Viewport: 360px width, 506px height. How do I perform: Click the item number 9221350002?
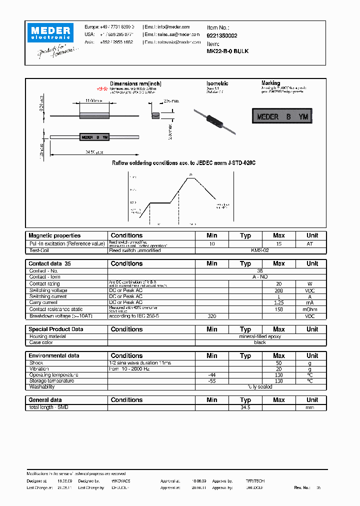(222, 35)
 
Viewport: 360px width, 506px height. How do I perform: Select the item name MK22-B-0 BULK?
(227, 51)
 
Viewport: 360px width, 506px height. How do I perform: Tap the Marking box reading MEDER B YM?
(282, 117)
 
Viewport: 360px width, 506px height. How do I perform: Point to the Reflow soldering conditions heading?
(183, 163)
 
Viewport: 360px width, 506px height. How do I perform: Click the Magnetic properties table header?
(54, 235)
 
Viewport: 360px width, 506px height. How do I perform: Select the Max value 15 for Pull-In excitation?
(278, 243)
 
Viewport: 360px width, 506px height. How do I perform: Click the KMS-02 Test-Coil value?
(260, 250)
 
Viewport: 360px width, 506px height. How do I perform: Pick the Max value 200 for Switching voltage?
(278, 290)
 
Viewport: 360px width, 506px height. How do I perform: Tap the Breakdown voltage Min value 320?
(211, 316)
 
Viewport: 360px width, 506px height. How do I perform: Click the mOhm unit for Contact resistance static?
(312, 309)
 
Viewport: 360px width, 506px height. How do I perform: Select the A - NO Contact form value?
(260, 276)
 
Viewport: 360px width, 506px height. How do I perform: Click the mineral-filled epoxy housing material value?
(260, 336)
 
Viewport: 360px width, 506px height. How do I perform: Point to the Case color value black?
(260, 342)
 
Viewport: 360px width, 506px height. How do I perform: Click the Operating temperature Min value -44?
(211, 375)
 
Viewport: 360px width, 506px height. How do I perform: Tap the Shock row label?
(36, 363)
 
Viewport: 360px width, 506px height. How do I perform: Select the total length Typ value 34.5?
(245, 407)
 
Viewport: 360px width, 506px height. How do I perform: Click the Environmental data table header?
(54, 356)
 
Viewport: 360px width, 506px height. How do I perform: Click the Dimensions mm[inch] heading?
(135, 83)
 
